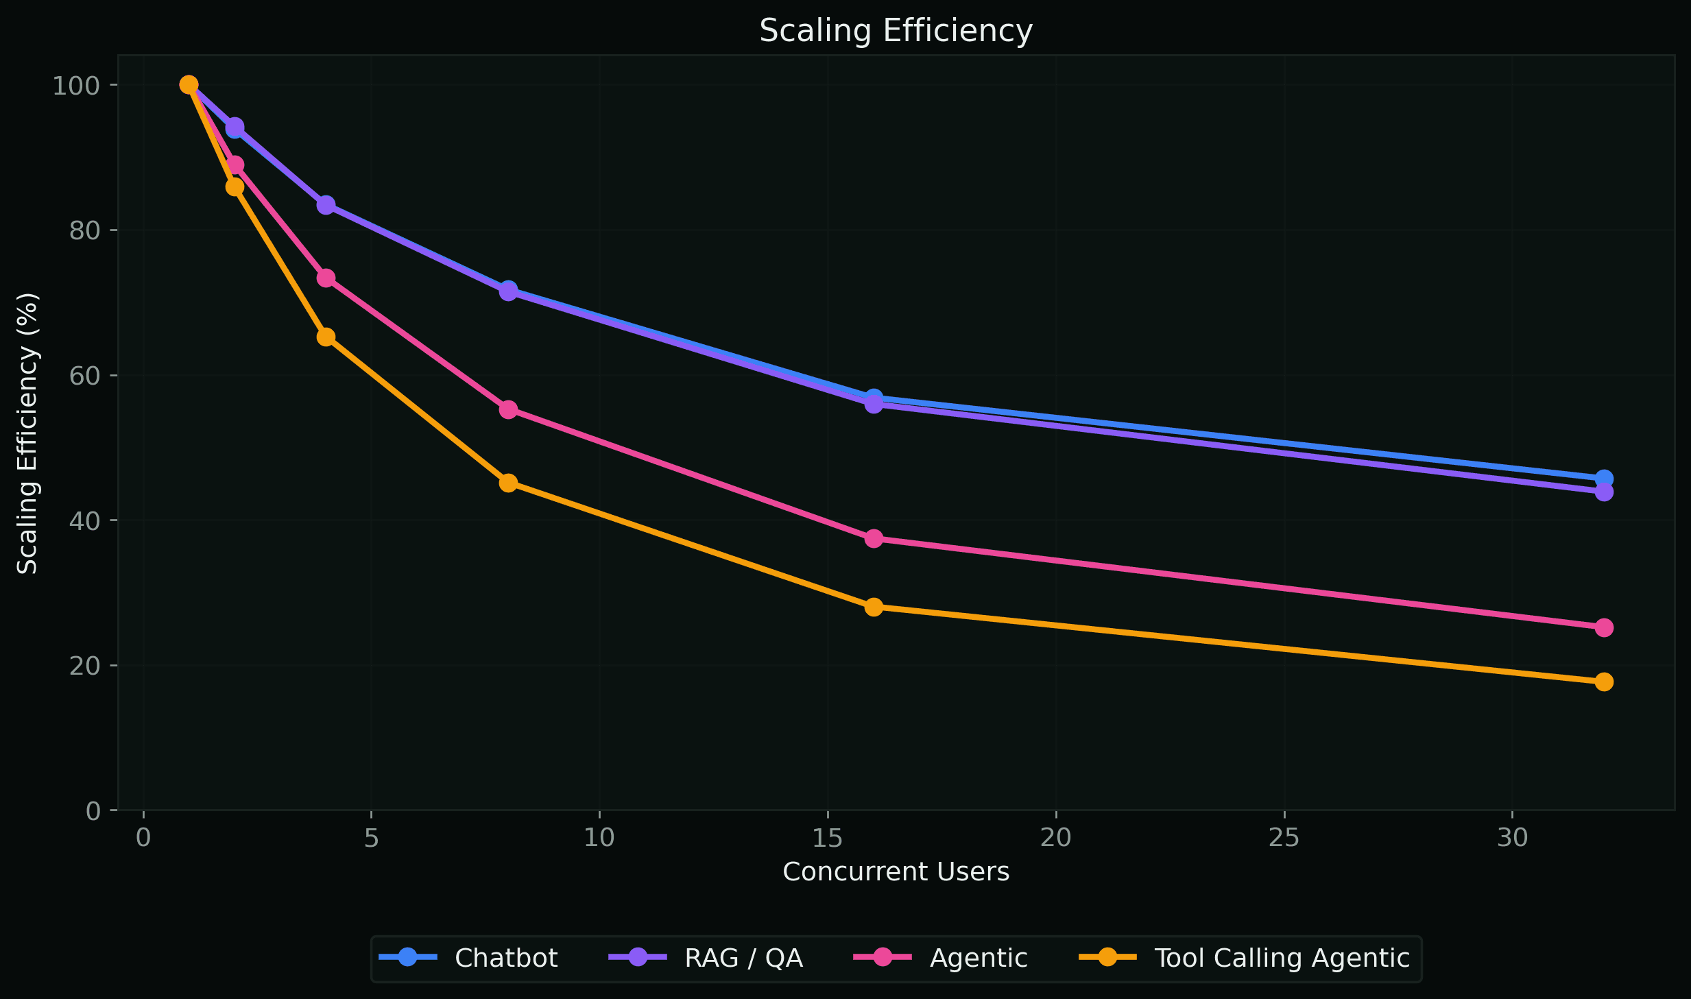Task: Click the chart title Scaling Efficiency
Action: (896, 31)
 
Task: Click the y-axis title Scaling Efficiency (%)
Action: (27, 433)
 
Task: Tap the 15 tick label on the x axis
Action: (827, 838)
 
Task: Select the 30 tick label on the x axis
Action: (1512, 838)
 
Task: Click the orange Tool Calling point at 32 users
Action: (1604, 682)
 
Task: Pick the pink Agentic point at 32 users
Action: (1604, 627)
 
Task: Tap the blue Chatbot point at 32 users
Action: (1604, 478)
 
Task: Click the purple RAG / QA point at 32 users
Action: (1604, 492)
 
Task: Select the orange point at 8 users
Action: (508, 483)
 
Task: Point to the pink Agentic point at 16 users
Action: (874, 538)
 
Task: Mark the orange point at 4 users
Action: (326, 337)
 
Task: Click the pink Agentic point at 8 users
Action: (508, 409)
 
